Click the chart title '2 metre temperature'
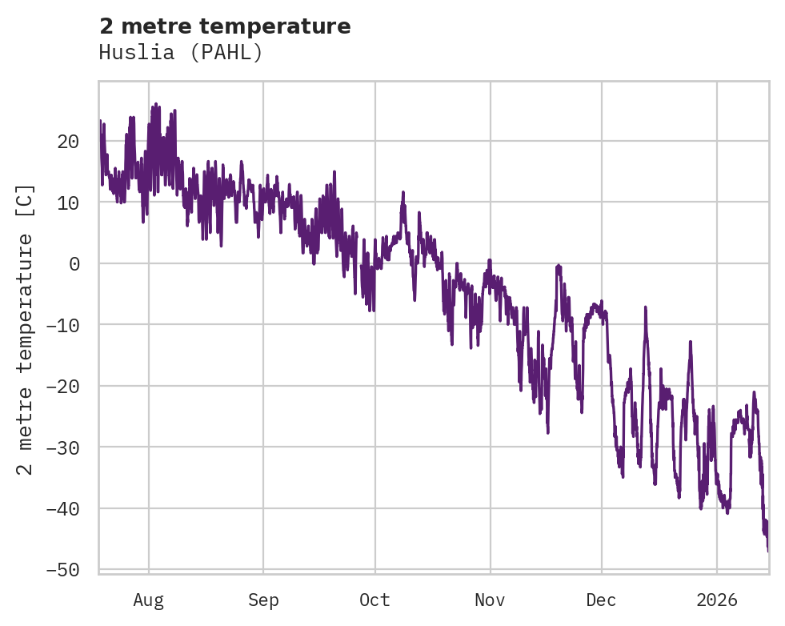coord(225,26)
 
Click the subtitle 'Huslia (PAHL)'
coord(181,53)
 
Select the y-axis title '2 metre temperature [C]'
coord(26,329)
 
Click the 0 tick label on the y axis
coord(74,263)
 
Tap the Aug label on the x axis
coord(148,600)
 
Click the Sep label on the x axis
coord(263,600)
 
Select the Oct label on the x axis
coord(374,600)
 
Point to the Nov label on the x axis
coord(490,600)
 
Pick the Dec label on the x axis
coord(601,600)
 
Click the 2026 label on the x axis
coord(716,600)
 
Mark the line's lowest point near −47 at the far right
coord(767,551)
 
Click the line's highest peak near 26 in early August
coord(155,104)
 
